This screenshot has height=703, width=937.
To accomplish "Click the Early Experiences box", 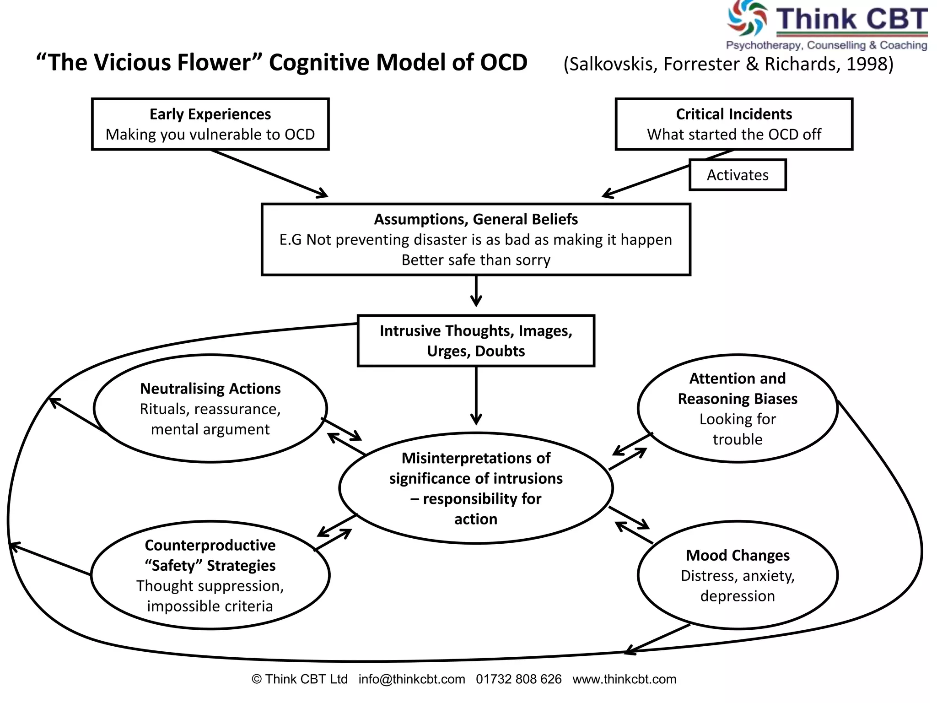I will coord(210,124).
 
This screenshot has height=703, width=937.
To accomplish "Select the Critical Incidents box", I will coord(733,124).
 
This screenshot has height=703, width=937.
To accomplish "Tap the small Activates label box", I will coord(737,175).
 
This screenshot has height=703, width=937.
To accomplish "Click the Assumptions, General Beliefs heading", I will coord(476,219).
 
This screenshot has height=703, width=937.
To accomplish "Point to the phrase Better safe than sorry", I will coord(476,260).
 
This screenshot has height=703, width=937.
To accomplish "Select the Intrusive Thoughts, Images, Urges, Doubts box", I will coord(476,341).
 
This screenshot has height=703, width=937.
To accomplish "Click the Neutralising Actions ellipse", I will coord(210,408).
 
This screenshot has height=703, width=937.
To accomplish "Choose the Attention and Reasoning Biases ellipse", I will coord(737,408).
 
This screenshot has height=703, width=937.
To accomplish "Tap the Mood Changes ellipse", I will coord(737,575).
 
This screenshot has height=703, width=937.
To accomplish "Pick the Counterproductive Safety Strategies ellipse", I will coord(210,575).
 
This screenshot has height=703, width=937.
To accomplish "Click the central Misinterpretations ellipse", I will coord(476,488).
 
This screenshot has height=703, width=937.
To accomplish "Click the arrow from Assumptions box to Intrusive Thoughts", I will coord(476,291).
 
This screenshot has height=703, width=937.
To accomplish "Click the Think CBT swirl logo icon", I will coord(747,18).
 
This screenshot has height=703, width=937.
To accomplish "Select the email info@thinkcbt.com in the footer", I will coord(412,679).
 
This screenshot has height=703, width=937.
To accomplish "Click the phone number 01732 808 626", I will coord(518,679).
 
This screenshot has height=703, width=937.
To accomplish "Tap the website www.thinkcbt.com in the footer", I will coord(624,679).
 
